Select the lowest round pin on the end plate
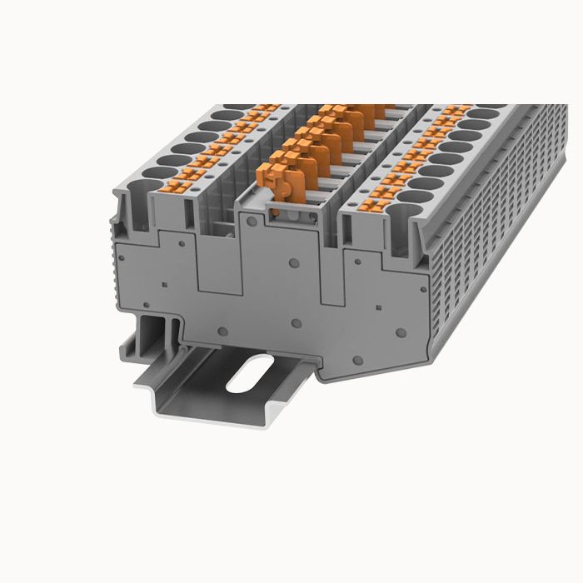(x=356, y=360)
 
